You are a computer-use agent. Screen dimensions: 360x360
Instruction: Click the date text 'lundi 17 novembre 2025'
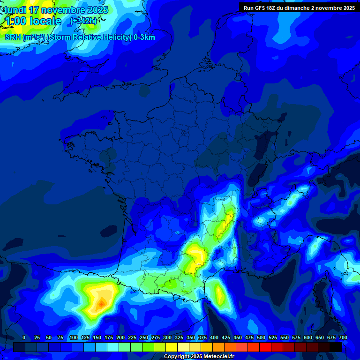[x=56, y=10]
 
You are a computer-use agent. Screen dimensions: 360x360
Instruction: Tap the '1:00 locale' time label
[x=33, y=21]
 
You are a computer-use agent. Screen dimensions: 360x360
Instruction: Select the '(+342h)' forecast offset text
[x=83, y=21]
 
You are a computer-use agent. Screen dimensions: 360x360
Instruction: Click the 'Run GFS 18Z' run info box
[x=299, y=7]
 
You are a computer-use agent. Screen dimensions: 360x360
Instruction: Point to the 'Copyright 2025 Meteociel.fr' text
[x=199, y=357]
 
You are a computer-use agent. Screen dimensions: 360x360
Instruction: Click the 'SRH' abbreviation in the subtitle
[x=13, y=37]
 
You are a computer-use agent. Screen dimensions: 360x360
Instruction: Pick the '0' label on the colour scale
[x=24, y=337]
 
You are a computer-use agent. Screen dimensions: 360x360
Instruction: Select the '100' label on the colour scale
[x=74, y=337]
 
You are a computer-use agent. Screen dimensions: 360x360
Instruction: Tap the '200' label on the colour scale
[x=120, y=337]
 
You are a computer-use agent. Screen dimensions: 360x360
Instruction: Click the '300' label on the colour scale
[x=167, y=337]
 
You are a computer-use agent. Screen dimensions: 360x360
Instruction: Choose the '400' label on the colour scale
[x=214, y=337]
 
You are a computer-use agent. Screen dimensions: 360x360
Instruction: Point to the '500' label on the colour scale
[x=261, y=337]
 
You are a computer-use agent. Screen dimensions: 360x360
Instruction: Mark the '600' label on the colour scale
[x=308, y=337]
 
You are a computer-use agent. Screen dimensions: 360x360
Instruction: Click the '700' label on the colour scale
[x=343, y=337]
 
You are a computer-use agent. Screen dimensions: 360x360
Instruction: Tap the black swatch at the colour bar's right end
[x=336, y=347]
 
